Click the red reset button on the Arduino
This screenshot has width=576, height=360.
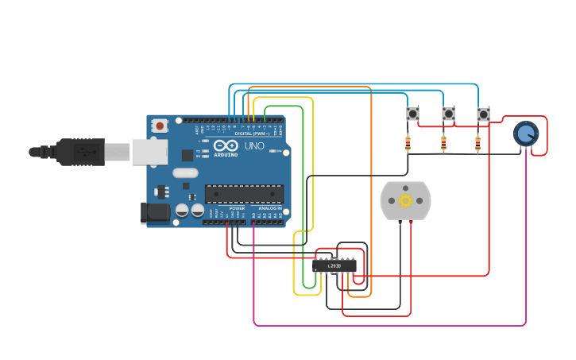[x=160, y=126]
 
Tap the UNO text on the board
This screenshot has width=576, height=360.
[x=254, y=146]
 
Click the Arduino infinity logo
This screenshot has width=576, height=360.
[x=226, y=146]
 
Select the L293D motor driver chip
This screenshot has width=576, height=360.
[x=334, y=265]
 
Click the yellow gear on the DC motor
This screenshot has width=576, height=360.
[x=405, y=200]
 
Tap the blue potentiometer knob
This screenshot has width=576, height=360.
[x=525, y=134]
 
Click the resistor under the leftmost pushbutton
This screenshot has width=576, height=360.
[x=408, y=144]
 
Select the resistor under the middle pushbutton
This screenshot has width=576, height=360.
[x=443, y=144]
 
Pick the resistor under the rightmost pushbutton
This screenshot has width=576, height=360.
[x=477, y=144]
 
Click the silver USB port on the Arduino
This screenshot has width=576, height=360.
[x=149, y=152]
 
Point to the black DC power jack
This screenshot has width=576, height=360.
[x=155, y=212]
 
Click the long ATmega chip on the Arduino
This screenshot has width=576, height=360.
[x=244, y=194]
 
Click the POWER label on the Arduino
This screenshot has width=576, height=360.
[x=237, y=208]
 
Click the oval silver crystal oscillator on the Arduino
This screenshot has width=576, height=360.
[x=185, y=172]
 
